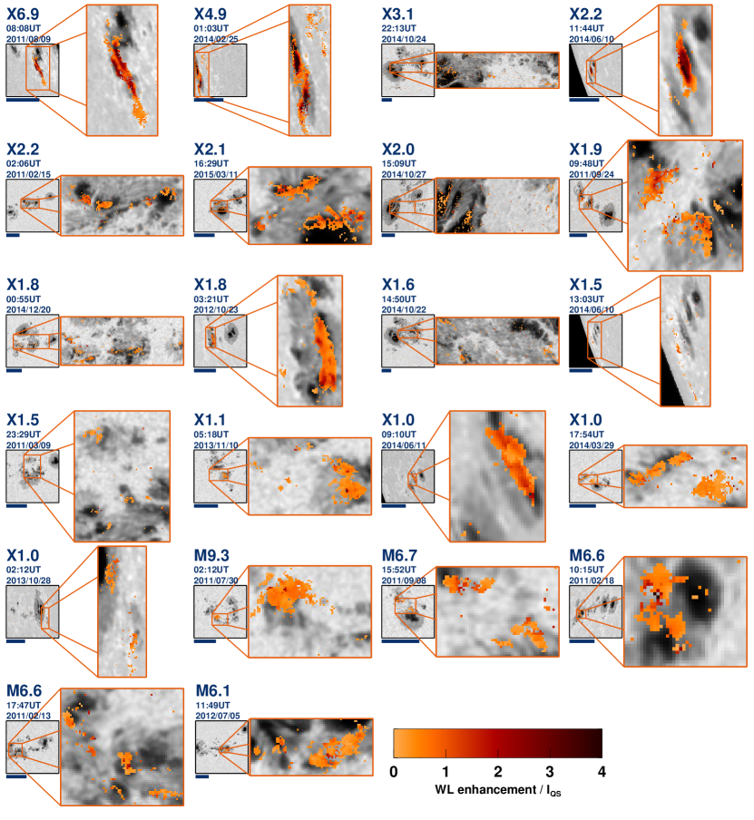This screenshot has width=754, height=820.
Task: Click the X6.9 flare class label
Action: click(x=23, y=15)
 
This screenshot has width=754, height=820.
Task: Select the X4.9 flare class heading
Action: click(x=211, y=15)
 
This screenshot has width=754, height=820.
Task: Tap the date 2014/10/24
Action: click(x=404, y=39)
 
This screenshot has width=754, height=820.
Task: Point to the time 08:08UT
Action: click(x=24, y=28)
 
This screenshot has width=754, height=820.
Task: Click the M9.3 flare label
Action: click(x=211, y=555)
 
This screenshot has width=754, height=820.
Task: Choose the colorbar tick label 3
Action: click(x=550, y=772)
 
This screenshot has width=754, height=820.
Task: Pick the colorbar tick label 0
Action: click(x=394, y=772)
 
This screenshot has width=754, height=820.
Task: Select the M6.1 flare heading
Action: click(x=213, y=691)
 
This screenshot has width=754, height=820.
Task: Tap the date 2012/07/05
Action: click(x=218, y=716)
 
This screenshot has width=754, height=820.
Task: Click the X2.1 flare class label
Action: click(x=210, y=150)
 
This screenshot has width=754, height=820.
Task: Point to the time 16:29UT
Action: click(x=211, y=163)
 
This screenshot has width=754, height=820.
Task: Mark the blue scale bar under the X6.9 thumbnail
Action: click(x=23, y=100)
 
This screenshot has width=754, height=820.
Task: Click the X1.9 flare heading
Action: click(x=585, y=150)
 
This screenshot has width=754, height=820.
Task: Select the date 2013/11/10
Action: click(x=216, y=445)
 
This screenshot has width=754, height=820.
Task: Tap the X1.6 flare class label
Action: click(x=398, y=285)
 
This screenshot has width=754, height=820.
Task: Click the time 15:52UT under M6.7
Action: click(x=398, y=570)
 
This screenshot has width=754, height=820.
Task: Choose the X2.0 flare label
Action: click(x=398, y=150)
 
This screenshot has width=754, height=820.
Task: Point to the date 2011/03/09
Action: click(x=29, y=445)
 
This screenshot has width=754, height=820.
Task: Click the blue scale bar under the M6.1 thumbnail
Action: click(x=202, y=776)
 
